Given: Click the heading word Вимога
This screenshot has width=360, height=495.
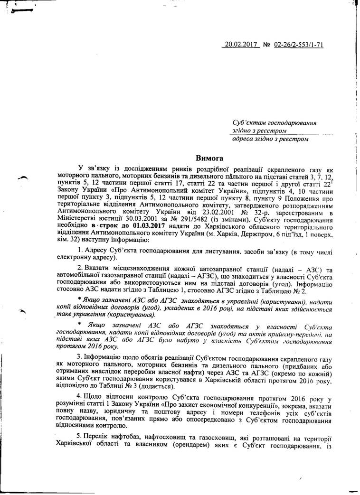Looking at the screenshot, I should click(210, 158).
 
